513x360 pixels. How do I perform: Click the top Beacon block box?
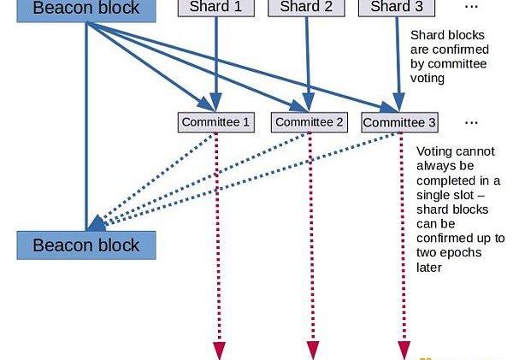click(86, 9)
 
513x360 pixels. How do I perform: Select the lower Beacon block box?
click(85, 245)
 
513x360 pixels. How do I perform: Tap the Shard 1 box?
click(215, 7)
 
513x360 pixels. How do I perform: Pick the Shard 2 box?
click(305, 7)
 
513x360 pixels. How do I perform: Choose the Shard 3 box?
click(396, 7)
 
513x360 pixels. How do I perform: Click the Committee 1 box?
click(216, 122)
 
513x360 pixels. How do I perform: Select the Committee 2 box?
click(310, 122)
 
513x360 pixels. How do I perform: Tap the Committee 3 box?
click(399, 122)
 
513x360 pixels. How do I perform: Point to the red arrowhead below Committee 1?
click(219, 351)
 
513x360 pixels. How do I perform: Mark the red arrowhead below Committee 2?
click(312, 351)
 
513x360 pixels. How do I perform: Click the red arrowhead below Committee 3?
click(404, 351)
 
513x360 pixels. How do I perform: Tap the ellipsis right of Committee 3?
click(471, 121)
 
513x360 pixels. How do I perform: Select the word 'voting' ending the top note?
click(427, 78)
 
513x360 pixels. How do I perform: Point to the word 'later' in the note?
click(429, 268)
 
